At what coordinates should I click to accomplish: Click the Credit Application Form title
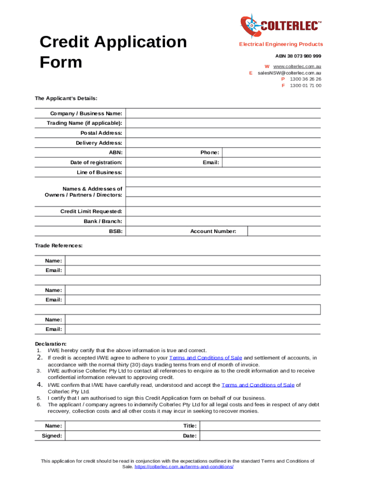click(x=113, y=52)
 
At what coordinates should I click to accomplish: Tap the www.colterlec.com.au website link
click(x=297, y=66)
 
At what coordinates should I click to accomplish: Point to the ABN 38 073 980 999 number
click(x=298, y=56)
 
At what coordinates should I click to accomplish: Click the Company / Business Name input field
click(x=223, y=113)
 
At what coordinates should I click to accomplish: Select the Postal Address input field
click(x=223, y=133)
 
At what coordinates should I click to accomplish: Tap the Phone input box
click(x=271, y=152)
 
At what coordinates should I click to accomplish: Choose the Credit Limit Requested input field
click(x=223, y=211)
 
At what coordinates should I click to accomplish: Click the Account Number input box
click(x=284, y=231)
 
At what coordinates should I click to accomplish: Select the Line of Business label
click(x=100, y=172)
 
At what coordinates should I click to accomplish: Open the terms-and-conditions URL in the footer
click(x=184, y=467)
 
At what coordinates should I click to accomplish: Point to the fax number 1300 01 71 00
click(x=305, y=86)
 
